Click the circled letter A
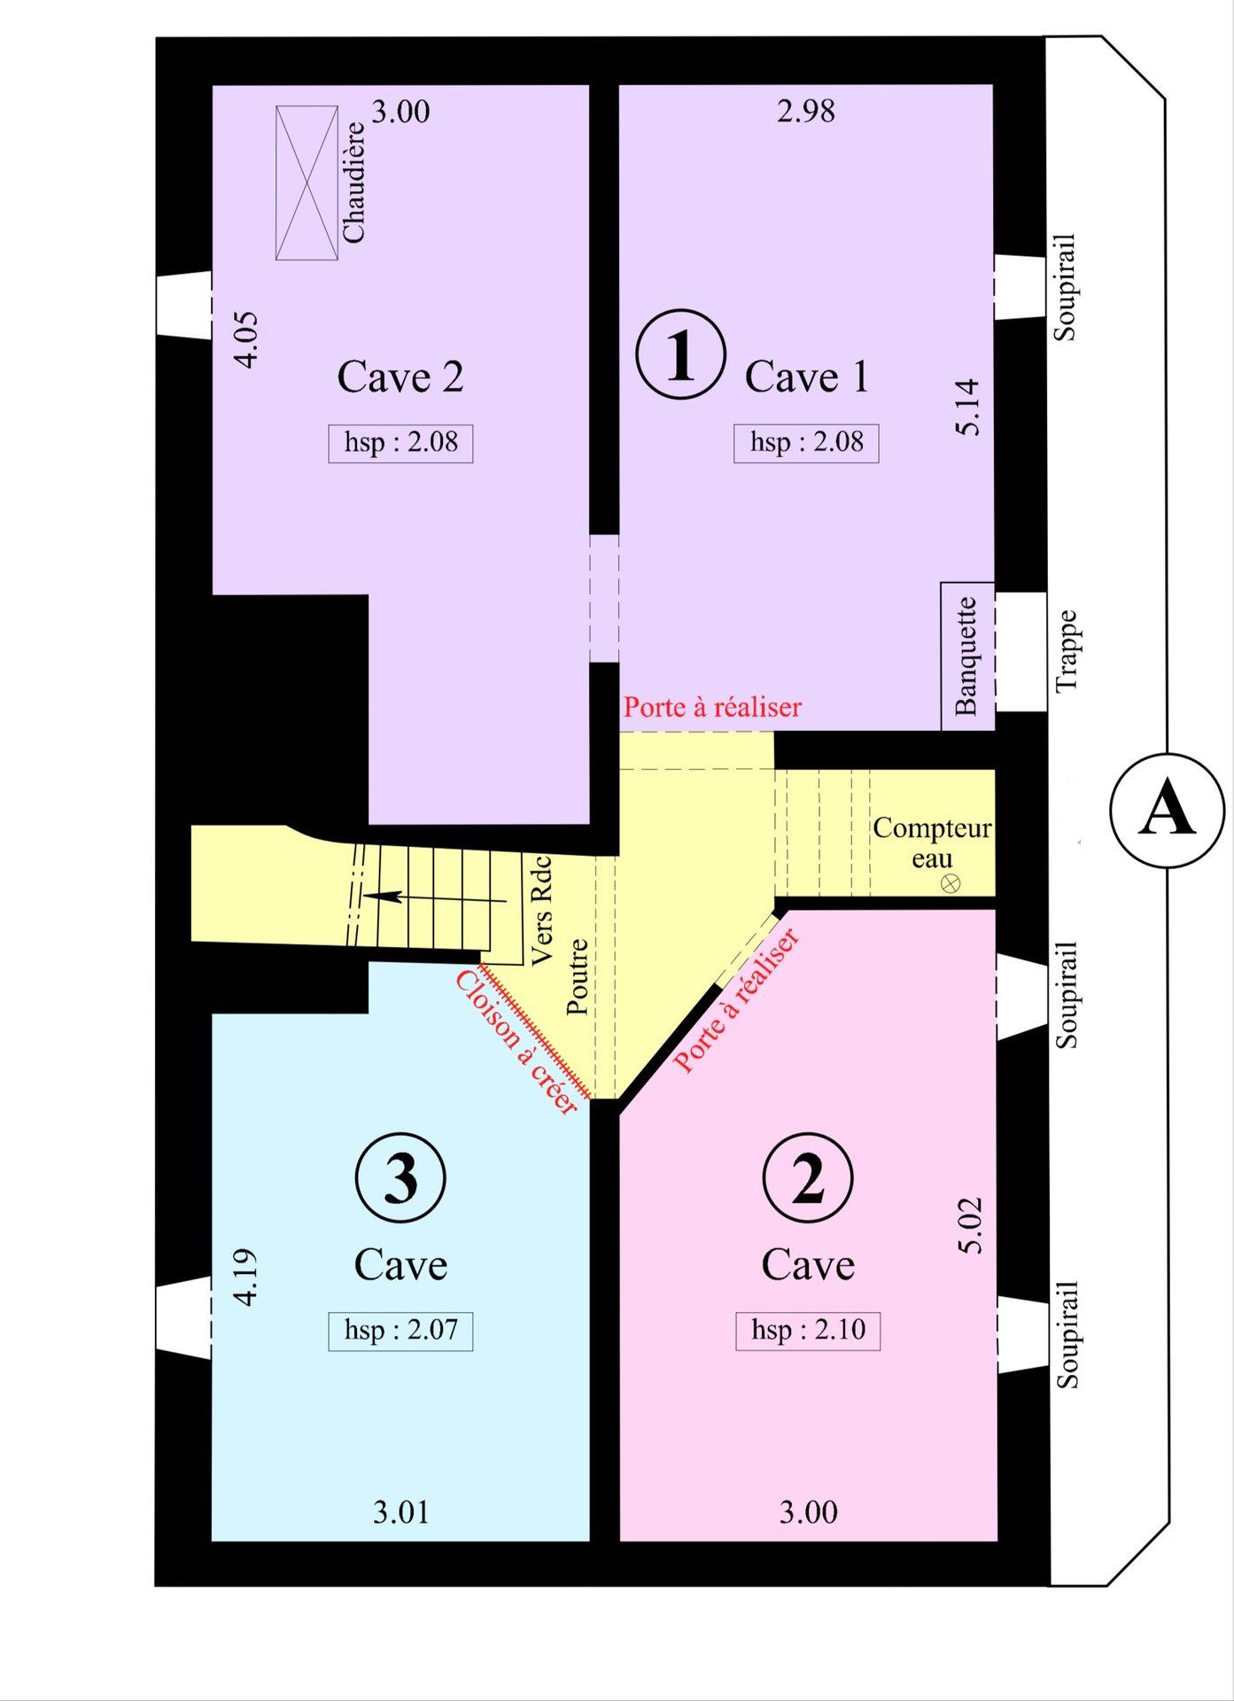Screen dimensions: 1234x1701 pyautogui.click(x=1167, y=810)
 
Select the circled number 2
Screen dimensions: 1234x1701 pyautogui.click(x=807, y=1177)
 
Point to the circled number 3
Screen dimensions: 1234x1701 pyautogui.click(x=400, y=1177)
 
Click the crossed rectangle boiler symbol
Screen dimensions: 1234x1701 pyautogui.click(x=307, y=183)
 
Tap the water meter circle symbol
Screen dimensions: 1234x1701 pyautogui.click(x=951, y=883)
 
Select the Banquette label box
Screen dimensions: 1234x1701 pyautogui.click(x=967, y=656)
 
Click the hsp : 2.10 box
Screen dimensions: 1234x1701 pyautogui.click(x=808, y=1331)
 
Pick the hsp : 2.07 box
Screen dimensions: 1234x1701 pyautogui.click(x=400, y=1331)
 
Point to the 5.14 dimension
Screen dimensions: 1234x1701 pyautogui.click(x=968, y=407)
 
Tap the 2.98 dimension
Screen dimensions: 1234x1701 pyautogui.click(x=806, y=112)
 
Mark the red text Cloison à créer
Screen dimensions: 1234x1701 pyautogui.click(x=516, y=1043)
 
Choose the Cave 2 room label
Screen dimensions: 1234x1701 pyautogui.click(x=400, y=377)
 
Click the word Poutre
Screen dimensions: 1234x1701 pyautogui.click(x=578, y=977)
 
